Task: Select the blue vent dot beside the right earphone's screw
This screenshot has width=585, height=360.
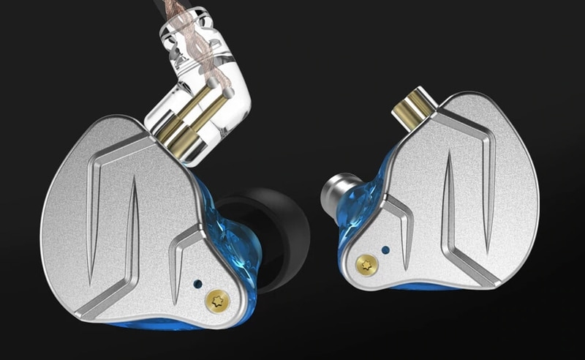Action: [385, 250]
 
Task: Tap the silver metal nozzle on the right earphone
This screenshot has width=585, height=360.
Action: [336, 192]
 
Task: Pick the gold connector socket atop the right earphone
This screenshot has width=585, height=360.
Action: [411, 110]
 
